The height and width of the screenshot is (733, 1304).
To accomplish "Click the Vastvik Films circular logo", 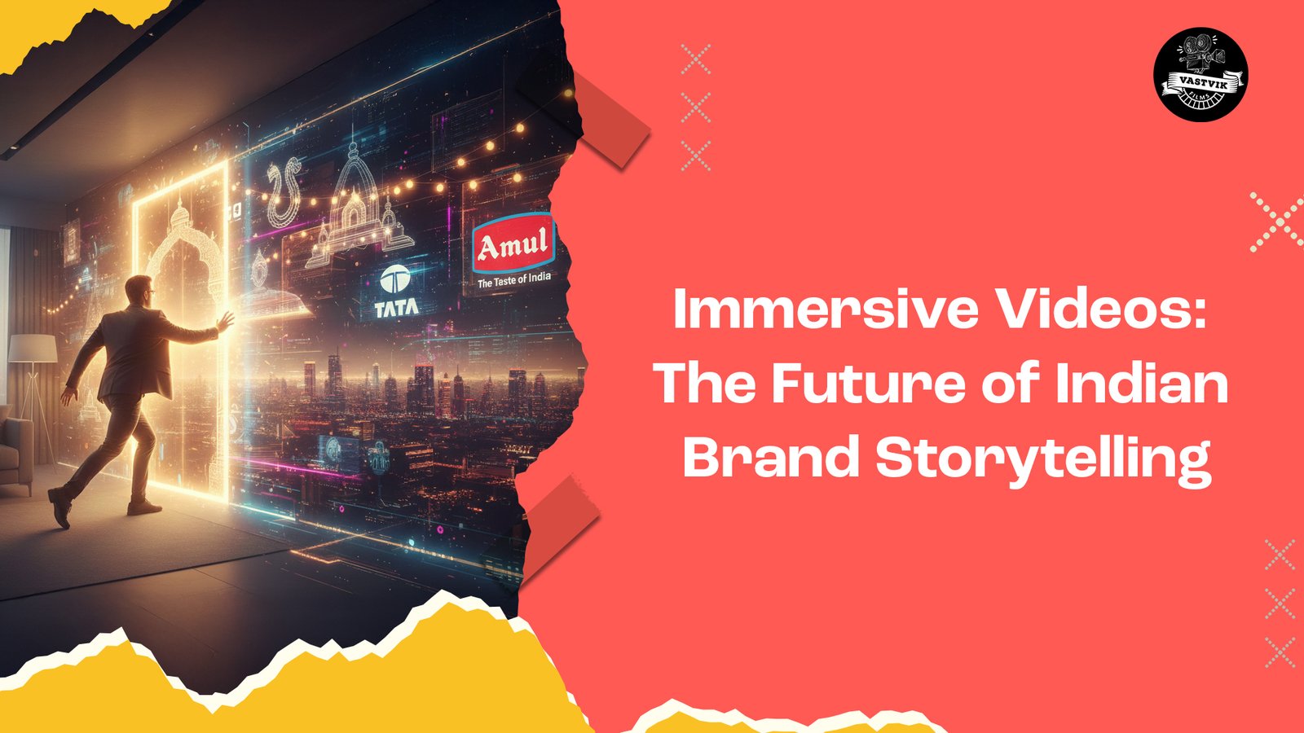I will [x=1200, y=75].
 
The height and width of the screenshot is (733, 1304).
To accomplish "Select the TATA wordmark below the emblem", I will [x=397, y=308].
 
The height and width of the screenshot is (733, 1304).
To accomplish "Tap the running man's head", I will [x=139, y=289].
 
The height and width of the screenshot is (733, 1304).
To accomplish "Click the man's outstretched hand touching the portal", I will [x=225, y=321].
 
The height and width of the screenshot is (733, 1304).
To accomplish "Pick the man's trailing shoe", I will [x=59, y=506].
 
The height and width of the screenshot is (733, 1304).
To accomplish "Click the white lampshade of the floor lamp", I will [x=33, y=349].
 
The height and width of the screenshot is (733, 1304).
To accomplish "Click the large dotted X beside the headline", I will [x=1276, y=221].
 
